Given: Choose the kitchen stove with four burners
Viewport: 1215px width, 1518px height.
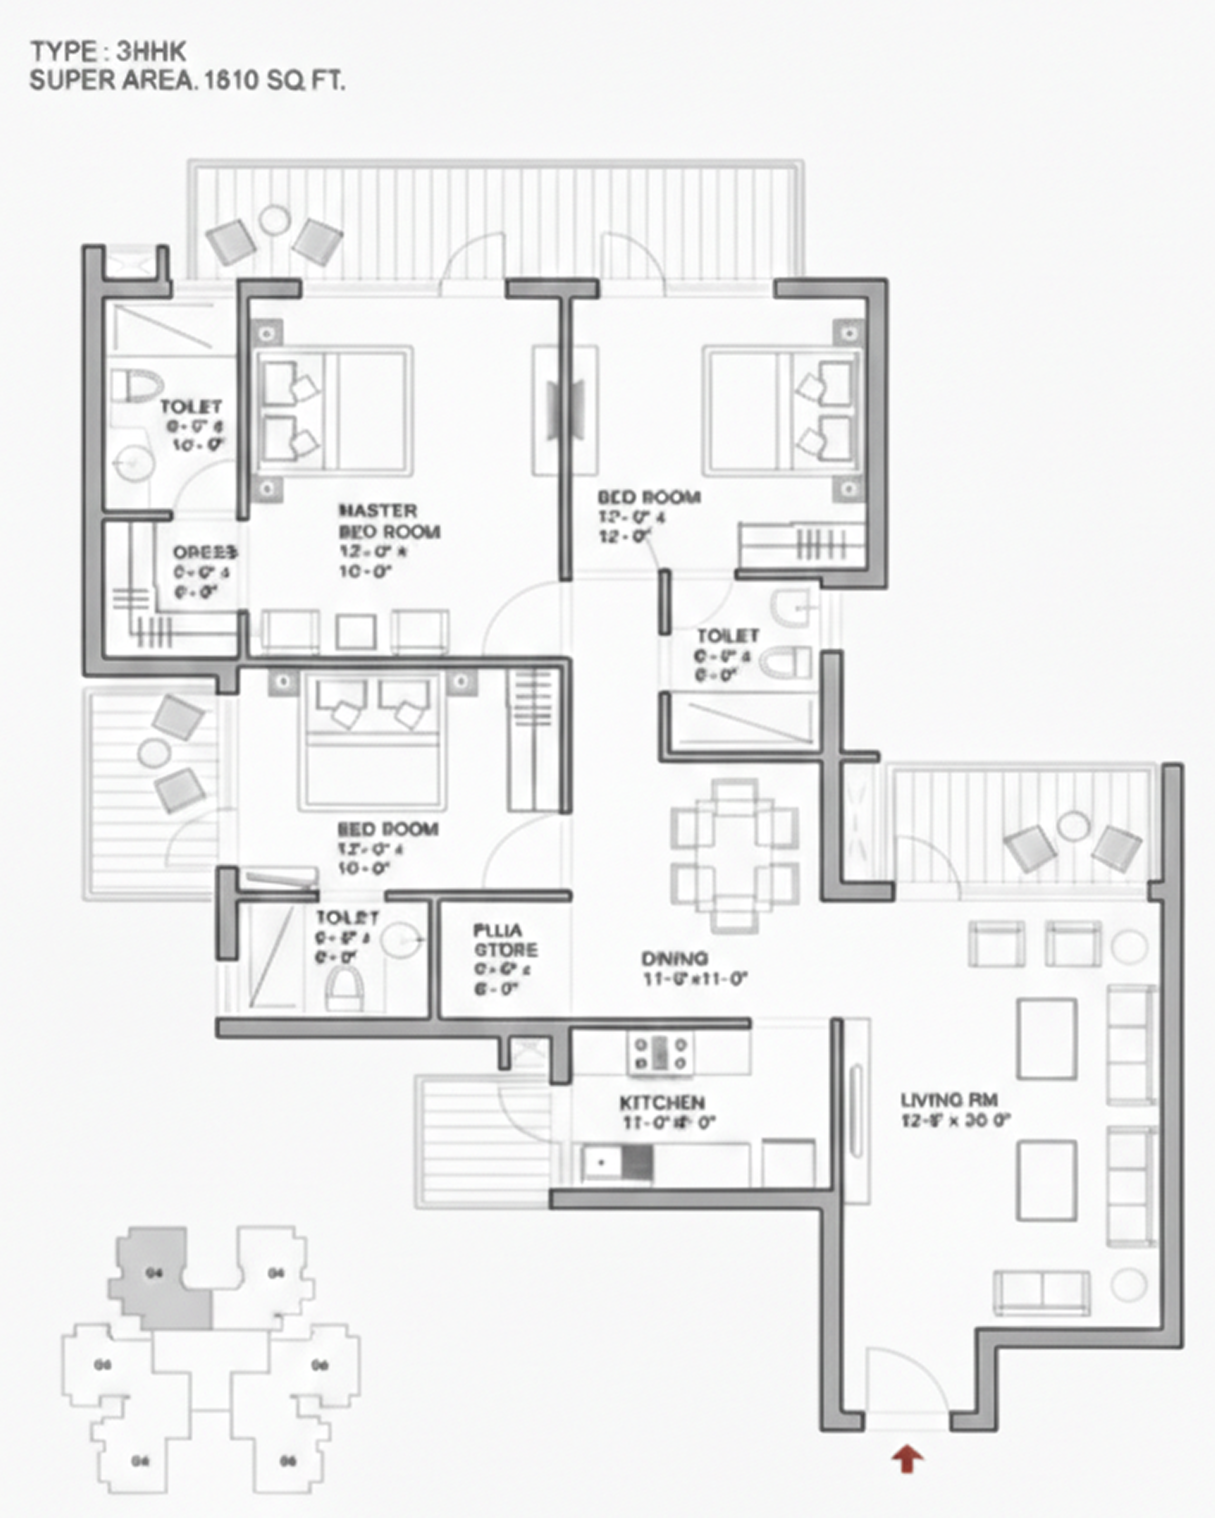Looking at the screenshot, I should (x=660, y=1054).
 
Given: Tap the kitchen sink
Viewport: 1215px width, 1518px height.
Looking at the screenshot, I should (x=601, y=1162).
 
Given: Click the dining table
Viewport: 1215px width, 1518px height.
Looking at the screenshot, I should (x=734, y=855).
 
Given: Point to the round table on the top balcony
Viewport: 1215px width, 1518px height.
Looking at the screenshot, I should (x=274, y=220).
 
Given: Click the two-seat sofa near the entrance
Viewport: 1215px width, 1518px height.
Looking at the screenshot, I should (x=1041, y=1293).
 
